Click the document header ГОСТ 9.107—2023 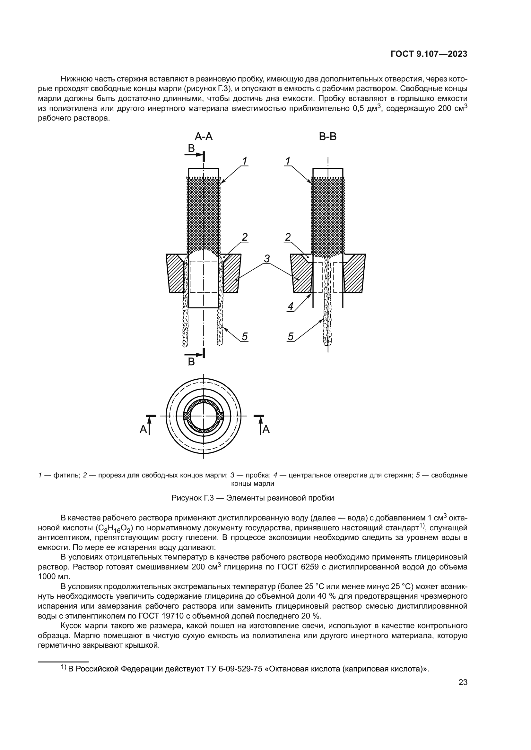[x=429, y=54]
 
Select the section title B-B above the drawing [x=328, y=137]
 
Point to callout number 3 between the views [x=267, y=259]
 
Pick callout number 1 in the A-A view [x=245, y=161]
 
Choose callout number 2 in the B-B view [x=288, y=237]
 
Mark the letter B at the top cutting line [x=191, y=149]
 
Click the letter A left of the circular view [x=143, y=429]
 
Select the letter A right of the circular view [x=266, y=429]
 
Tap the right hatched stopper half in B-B [x=354, y=273]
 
